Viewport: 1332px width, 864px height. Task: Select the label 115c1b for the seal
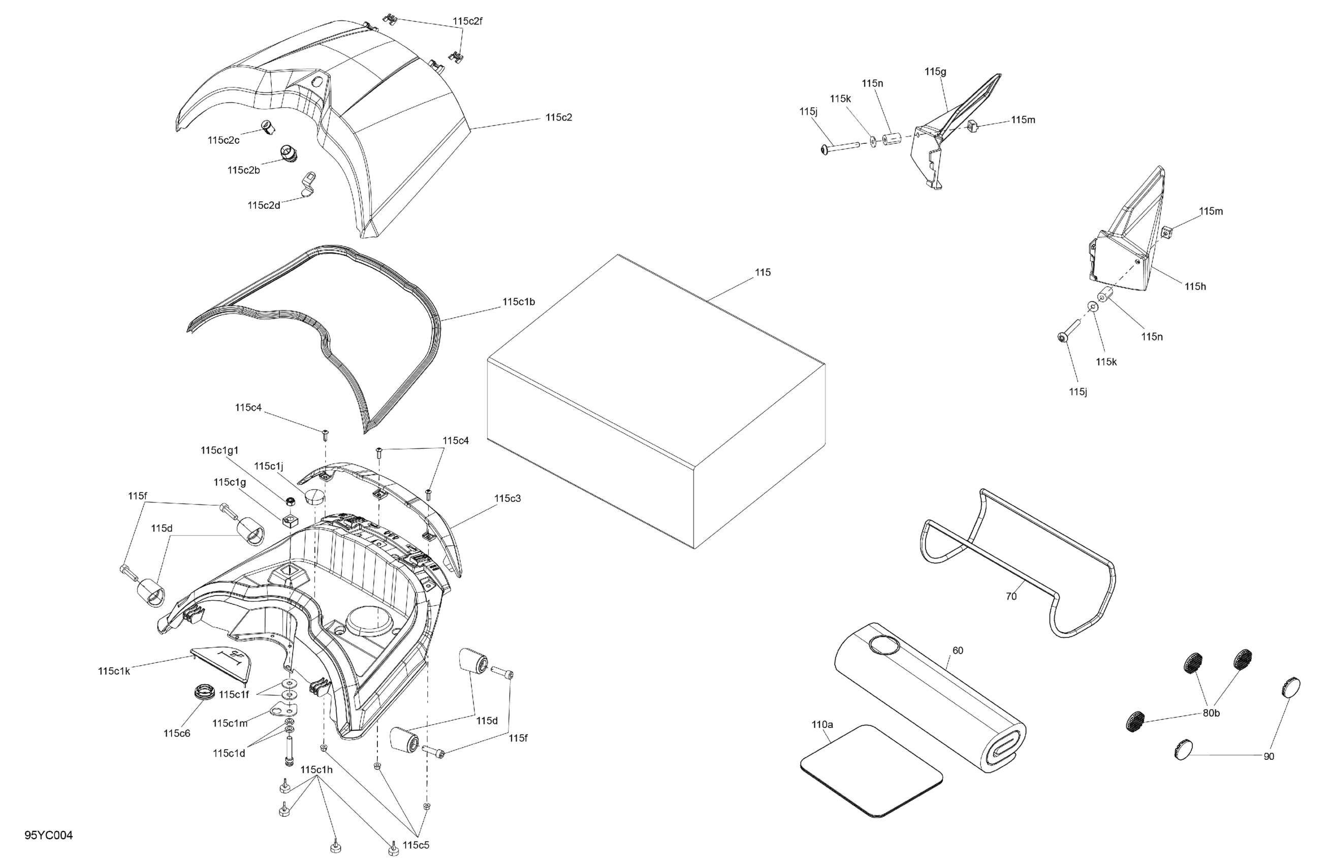pos(518,302)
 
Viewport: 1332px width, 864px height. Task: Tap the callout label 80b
pos(1211,714)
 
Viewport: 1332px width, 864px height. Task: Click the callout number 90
pos(1269,756)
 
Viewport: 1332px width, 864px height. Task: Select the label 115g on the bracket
pos(935,72)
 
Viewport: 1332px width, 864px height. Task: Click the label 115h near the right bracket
pos(1195,287)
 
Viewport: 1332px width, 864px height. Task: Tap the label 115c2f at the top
pos(467,21)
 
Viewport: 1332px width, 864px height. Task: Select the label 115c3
pos(507,499)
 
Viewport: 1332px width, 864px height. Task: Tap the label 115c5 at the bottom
pos(416,845)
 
